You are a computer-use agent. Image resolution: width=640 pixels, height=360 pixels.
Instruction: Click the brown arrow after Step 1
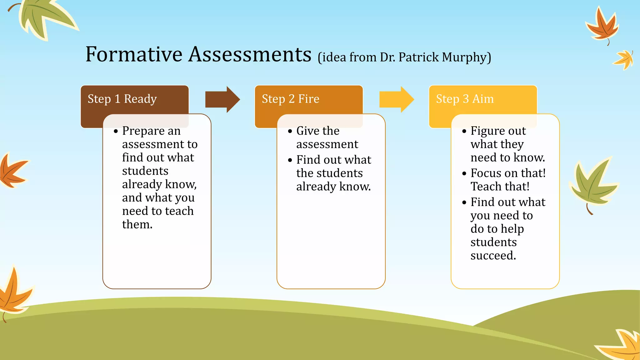click(x=222, y=99)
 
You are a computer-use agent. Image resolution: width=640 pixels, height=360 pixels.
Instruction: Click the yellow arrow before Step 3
click(x=396, y=99)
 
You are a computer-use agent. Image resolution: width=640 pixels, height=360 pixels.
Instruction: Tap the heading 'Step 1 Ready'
click(x=122, y=99)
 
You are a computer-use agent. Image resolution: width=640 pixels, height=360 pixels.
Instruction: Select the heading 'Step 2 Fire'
click(x=290, y=99)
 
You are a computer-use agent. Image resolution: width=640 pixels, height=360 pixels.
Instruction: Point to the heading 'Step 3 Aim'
click(x=465, y=99)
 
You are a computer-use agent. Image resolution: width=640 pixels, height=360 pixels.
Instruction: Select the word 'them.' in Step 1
click(x=137, y=224)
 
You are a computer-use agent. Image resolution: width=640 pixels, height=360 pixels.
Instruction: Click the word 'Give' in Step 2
click(x=308, y=131)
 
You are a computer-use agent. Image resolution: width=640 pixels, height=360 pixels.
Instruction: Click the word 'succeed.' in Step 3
click(x=493, y=256)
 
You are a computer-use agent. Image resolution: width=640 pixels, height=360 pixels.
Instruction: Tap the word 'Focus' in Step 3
click(x=486, y=173)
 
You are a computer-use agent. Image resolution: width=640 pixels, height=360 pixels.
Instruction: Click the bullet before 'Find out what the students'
click(x=290, y=160)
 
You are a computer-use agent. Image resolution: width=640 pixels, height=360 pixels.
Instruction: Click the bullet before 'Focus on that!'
click(x=464, y=173)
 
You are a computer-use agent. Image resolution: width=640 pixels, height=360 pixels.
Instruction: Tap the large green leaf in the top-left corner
click(x=44, y=17)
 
